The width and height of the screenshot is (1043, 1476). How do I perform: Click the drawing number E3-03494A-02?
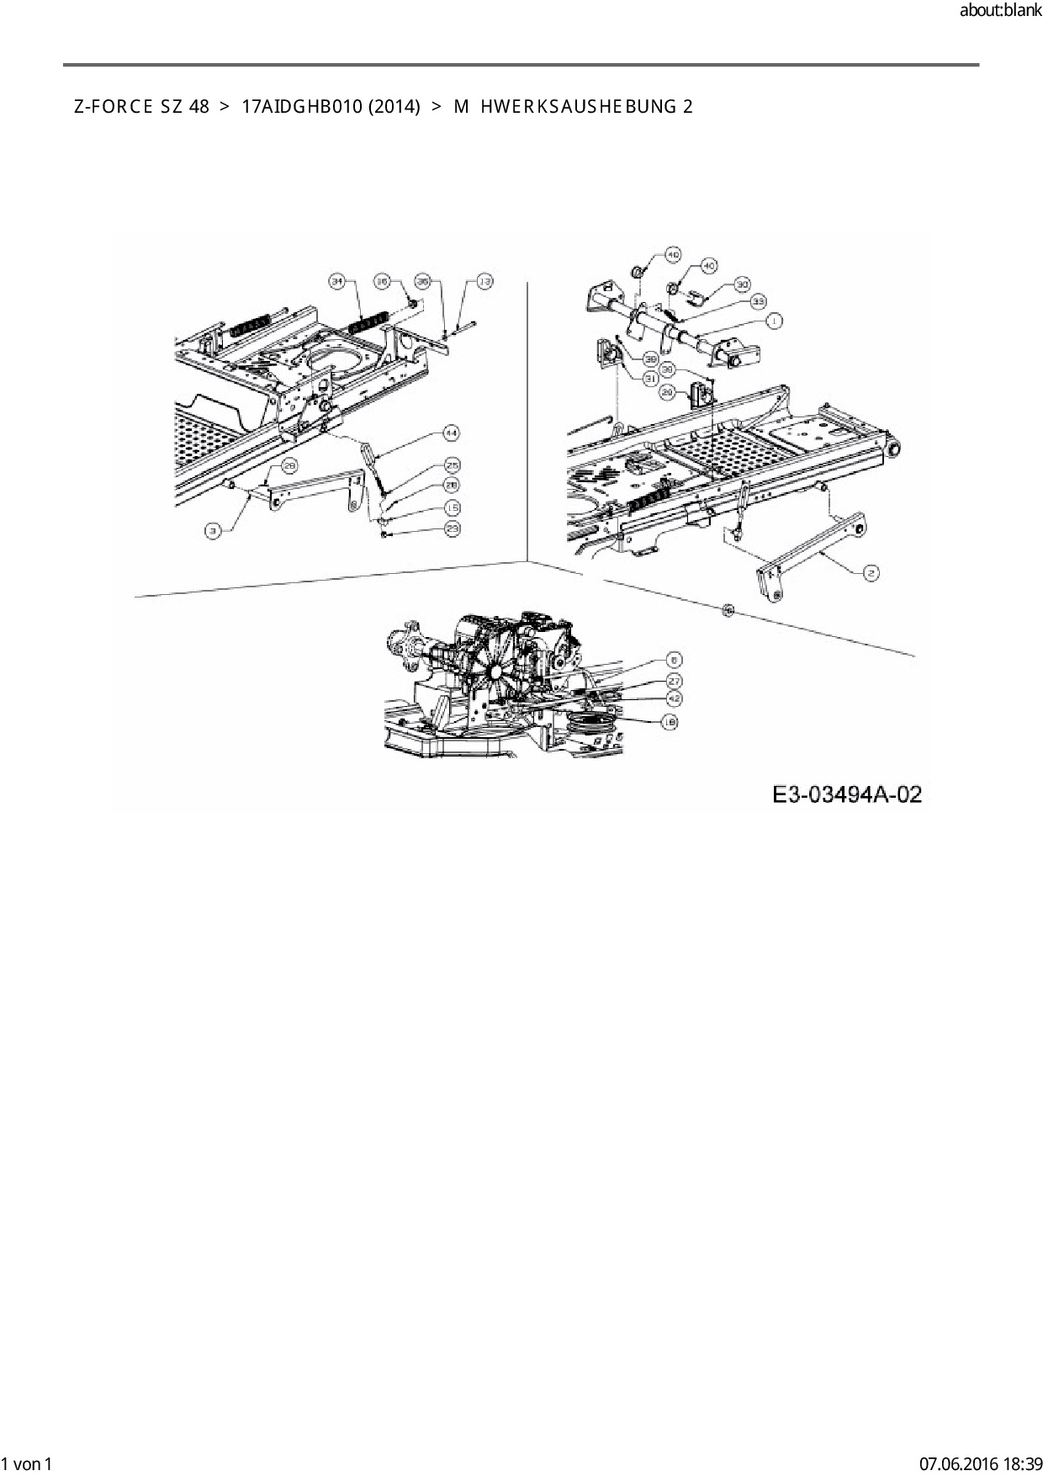coord(847,794)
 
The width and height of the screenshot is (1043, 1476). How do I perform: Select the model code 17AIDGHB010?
coord(302,107)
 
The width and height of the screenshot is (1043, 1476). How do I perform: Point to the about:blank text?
coord(1000,12)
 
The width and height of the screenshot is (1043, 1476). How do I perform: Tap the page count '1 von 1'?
coord(27,1463)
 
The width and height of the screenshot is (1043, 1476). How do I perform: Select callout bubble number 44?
coord(452,433)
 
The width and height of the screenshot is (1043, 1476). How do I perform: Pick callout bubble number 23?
coord(453,528)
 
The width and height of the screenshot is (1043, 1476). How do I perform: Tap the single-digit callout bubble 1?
coord(773,320)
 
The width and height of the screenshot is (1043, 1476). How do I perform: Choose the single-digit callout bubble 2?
coord(871,572)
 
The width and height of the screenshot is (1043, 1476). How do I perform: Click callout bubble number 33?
coord(759,300)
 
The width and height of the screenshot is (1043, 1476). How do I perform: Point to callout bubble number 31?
coord(650,379)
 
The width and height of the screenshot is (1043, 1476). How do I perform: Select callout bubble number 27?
coord(674,680)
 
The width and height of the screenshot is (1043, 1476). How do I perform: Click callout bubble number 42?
coord(674,698)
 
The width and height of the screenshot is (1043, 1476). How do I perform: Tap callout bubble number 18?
coord(670,721)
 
